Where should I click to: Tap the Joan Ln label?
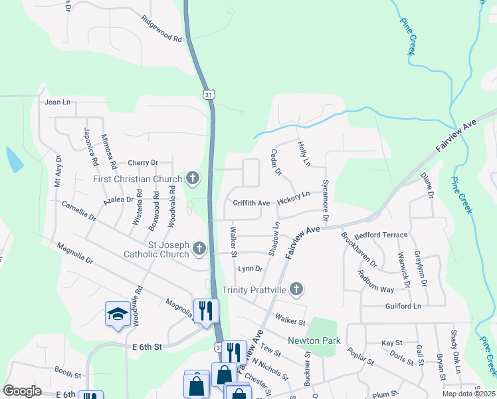click(57, 102)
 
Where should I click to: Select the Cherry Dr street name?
click(143, 162)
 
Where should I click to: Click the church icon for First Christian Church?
click(193, 178)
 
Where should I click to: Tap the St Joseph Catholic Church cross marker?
click(199, 249)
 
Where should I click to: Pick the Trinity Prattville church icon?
click(296, 289)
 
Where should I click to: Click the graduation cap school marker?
click(118, 314)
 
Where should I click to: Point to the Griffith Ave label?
click(251, 202)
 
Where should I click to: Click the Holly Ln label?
click(304, 154)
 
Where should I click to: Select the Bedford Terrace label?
click(381, 235)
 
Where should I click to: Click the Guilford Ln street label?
click(403, 306)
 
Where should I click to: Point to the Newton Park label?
click(314, 340)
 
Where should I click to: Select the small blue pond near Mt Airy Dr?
click(13, 160)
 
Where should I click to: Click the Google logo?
click(22, 391)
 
